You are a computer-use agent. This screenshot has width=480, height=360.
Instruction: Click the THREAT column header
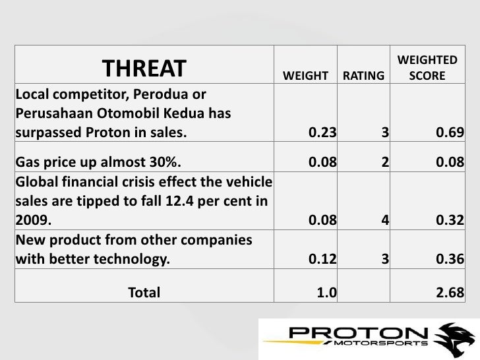144,68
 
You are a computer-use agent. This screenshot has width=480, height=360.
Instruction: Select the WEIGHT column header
305,76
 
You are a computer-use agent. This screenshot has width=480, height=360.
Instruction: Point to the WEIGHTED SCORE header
427,69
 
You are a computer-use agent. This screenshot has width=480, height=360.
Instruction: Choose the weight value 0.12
322,260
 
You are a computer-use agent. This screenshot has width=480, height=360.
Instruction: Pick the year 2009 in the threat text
30,222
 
